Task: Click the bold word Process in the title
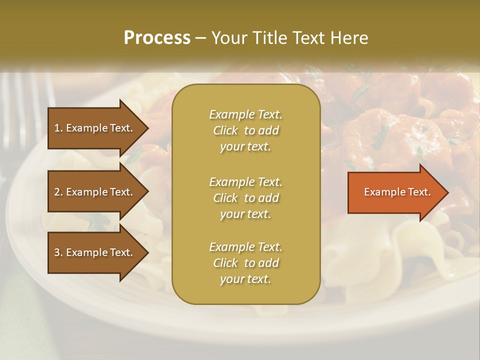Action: click(x=157, y=38)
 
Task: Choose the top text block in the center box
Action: click(x=245, y=130)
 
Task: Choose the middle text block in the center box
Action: click(x=245, y=197)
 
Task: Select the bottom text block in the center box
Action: click(x=245, y=263)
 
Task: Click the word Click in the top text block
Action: click(x=225, y=131)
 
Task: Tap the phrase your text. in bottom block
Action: click(x=245, y=279)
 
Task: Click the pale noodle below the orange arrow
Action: click(x=415, y=245)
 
